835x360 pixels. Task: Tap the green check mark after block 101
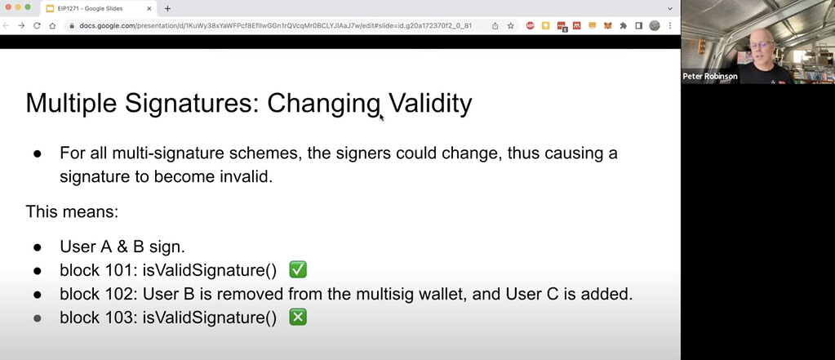298,270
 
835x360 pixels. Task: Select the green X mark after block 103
298,318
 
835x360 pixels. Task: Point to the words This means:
72,212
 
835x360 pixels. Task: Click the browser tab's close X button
149,8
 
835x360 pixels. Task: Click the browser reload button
37,25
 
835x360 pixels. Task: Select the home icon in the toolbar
52,25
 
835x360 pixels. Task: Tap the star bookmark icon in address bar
510,25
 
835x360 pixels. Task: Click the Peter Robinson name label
710,77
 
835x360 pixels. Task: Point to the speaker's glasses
762,44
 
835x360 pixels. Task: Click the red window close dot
8,7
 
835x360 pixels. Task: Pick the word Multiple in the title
71,103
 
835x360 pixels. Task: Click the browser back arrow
7,25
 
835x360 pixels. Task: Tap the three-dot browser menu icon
670,25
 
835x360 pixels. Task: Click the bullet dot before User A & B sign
38,247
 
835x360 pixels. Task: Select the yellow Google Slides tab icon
50,8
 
